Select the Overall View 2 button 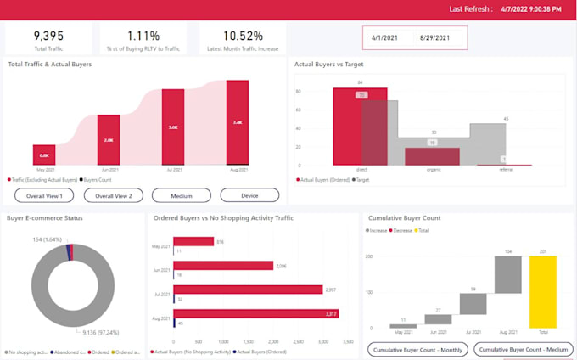[x=114, y=195]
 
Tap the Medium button [x=182, y=195]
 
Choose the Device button [x=249, y=195]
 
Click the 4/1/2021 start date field [x=385, y=38]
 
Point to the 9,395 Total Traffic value [x=49, y=36]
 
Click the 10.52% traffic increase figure [x=243, y=36]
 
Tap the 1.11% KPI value [x=144, y=36]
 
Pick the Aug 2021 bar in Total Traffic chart [x=238, y=122]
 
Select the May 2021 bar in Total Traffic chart [x=44, y=155]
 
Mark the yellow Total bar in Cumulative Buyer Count [x=542, y=291]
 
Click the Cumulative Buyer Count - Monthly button [x=417, y=349]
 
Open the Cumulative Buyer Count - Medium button [x=520, y=349]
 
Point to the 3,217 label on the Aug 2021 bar [x=330, y=315]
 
